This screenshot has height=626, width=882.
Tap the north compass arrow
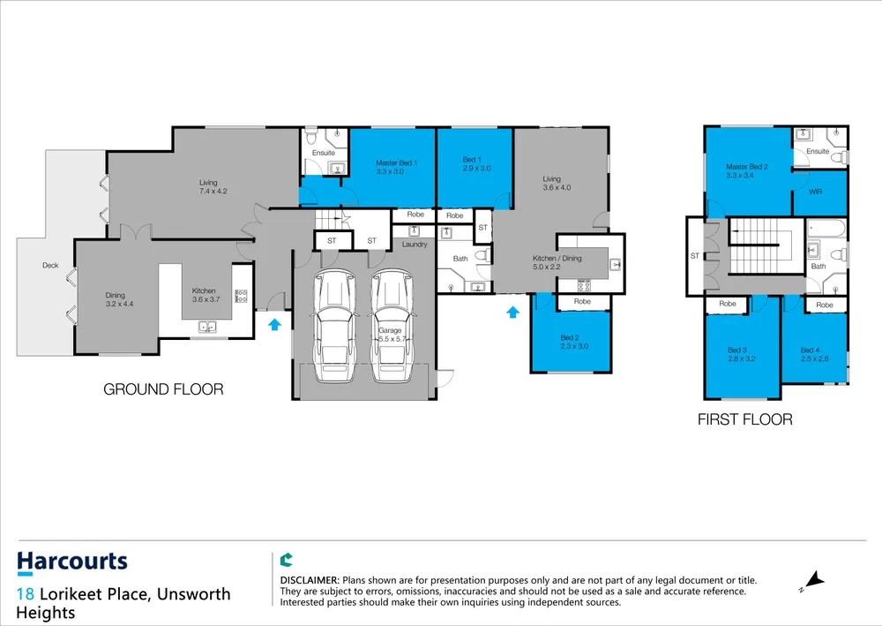click(x=812, y=581)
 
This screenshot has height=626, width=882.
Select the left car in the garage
click(x=334, y=326)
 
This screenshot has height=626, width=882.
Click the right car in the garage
click(x=392, y=326)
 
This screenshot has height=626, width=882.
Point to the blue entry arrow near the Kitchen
click(x=274, y=324)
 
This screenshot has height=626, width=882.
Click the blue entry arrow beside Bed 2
click(x=512, y=312)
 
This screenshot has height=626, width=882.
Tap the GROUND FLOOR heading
click(x=163, y=389)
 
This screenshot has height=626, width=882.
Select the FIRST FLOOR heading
click(x=744, y=419)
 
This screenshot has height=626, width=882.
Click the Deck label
click(x=50, y=265)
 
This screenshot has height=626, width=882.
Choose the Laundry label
click(x=415, y=245)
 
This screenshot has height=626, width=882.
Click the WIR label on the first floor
click(x=816, y=192)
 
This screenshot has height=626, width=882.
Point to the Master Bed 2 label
click(x=747, y=167)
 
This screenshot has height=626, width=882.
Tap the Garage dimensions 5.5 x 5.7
click(x=392, y=339)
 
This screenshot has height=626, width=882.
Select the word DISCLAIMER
click(x=310, y=580)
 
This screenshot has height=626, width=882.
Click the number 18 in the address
click(x=26, y=594)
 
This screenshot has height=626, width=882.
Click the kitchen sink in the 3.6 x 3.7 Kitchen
click(x=207, y=327)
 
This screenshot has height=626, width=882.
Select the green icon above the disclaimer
click(x=287, y=560)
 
